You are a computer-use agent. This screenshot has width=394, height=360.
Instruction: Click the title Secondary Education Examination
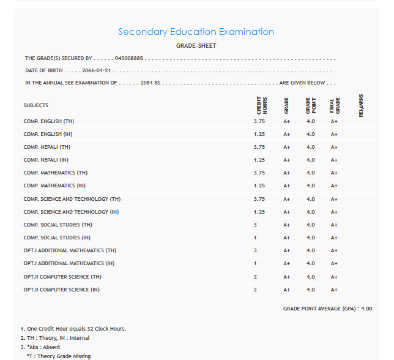[x=196, y=32]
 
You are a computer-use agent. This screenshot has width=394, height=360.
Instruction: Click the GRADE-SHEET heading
[x=196, y=46]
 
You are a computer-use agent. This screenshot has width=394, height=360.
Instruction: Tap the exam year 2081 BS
[x=150, y=83]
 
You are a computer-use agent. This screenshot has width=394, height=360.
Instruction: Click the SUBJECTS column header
[x=36, y=105]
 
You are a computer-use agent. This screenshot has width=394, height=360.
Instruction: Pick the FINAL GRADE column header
[x=334, y=105]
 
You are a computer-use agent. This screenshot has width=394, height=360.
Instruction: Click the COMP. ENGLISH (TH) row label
[x=49, y=121]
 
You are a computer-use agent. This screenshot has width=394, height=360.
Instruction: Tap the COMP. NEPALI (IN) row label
[x=46, y=160]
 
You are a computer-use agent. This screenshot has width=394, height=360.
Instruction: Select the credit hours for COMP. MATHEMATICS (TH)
[x=259, y=173]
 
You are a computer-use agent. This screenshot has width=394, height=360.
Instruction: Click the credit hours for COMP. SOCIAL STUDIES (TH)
[x=255, y=225]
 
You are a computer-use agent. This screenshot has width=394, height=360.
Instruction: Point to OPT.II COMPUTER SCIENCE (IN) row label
[x=61, y=290]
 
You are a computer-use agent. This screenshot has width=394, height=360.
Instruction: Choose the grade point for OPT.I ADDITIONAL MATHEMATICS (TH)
[x=311, y=250]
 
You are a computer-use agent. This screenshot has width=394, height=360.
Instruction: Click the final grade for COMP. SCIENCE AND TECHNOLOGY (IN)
[x=334, y=212]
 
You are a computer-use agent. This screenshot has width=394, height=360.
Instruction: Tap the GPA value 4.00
[x=365, y=309]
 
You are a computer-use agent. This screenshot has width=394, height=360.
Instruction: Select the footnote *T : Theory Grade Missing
[x=59, y=356]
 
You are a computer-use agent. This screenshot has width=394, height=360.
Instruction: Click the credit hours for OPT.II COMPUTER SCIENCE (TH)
[x=255, y=277]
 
